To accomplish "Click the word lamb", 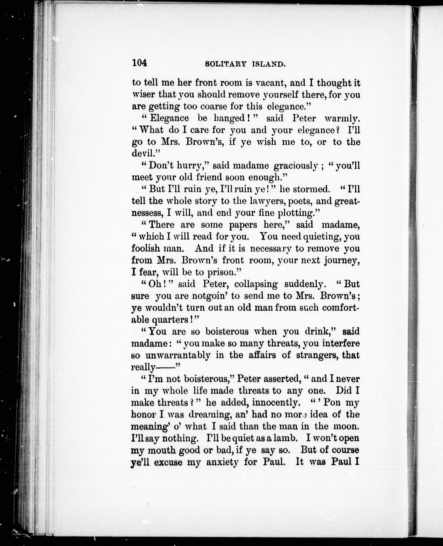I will pyautogui.click(x=285, y=438).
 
